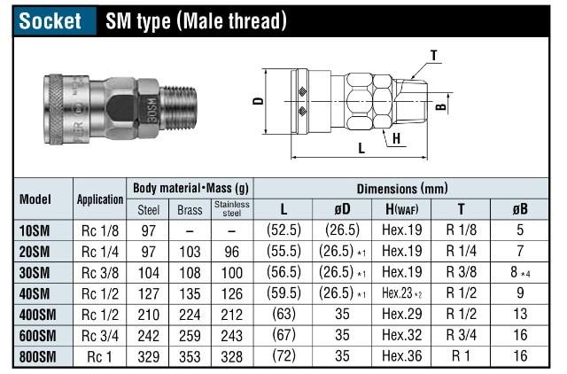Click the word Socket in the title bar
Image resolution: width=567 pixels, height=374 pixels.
click(51, 21)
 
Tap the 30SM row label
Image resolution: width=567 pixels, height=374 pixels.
click(35, 273)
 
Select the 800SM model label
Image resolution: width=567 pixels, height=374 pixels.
click(37, 358)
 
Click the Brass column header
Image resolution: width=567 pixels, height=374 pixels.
click(188, 210)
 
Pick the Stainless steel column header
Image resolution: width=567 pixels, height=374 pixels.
click(231, 209)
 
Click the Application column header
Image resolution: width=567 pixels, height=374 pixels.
click(99, 200)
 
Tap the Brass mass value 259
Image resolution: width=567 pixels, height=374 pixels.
click(188, 337)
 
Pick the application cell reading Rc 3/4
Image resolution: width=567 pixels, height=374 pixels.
click(99, 337)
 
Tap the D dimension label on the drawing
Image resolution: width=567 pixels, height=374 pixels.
click(258, 100)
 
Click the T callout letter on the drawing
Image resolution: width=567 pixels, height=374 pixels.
click(433, 55)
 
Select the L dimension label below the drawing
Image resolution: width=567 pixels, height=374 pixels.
click(361, 149)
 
